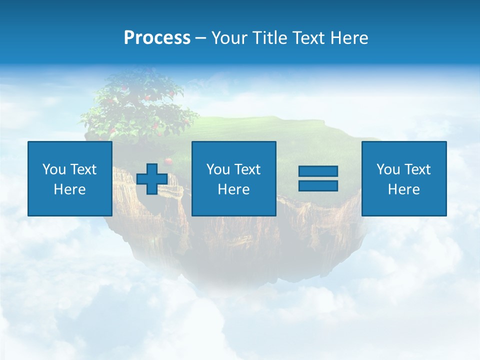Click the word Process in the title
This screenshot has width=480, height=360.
pyautogui.click(x=157, y=38)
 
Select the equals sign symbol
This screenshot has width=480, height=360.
pyautogui.click(x=318, y=178)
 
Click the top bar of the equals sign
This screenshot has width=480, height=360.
pyautogui.click(x=318, y=171)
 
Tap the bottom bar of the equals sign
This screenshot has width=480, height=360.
pyautogui.click(x=318, y=185)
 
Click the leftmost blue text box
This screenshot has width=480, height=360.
pyautogui.click(x=70, y=178)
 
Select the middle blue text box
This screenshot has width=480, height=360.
pyautogui.click(x=233, y=178)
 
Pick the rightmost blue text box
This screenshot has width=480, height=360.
pyautogui.click(x=403, y=178)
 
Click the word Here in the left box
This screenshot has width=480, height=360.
pyautogui.click(x=69, y=189)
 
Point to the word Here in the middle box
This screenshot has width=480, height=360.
pyautogui.click(x=233, y=189)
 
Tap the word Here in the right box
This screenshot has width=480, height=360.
pyautogui.click(x=403, y=189)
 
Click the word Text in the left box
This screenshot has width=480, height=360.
pyautogui.click(x=83, y=169)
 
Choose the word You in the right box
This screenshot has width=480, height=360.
pyautogui.click(x=388, y=169)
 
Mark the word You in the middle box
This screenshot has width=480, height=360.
pyautogui.click(x=218, y=169)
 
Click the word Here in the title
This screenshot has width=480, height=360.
pyautogui.click(x=349, y=38)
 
